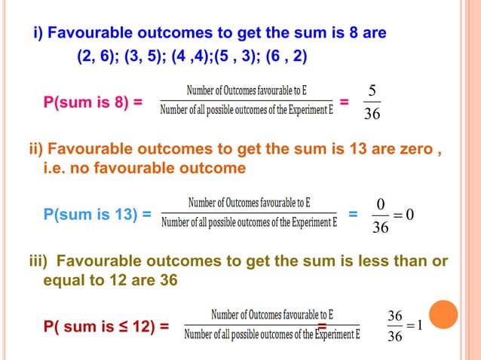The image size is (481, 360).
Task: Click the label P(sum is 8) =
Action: click(93, 103)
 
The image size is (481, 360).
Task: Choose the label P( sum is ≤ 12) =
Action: click(106, 328)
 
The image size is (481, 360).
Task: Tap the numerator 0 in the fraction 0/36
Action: click(380, 205)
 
